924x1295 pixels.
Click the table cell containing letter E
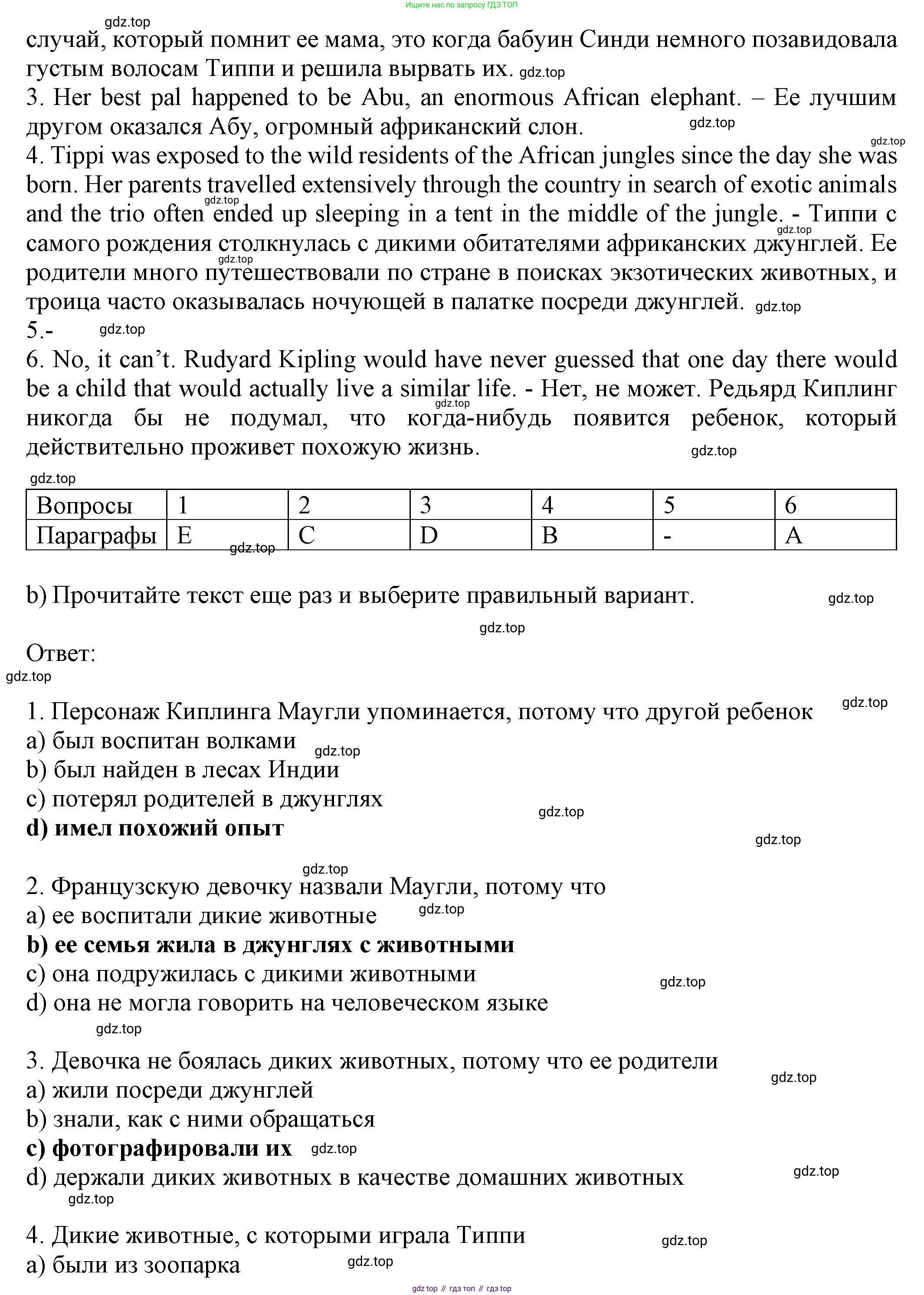click(227, 535)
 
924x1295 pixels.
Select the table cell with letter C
click(348, 535)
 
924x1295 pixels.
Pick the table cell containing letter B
click(592, 535)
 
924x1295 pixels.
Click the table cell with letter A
click(835, 535)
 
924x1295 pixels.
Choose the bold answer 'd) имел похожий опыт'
click(155, 828)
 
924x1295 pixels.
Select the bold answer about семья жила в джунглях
click(270, 944)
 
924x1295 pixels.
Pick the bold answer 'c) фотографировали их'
click(159, 1148)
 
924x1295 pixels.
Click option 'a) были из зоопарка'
click(133, 1265)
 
